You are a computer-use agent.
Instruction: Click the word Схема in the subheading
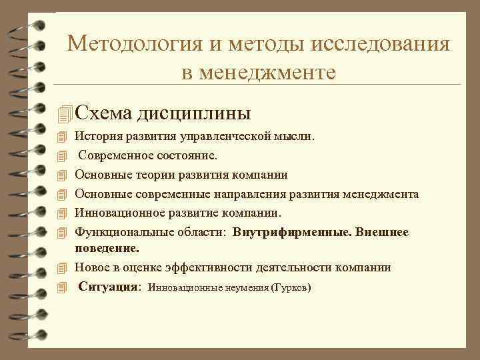coord(103,113)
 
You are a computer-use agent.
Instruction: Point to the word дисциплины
coord(194,113)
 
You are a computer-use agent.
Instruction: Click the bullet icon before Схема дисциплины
coord(64,114)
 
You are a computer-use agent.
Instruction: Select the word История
coord(97,137)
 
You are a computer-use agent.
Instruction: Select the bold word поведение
coord(107,248)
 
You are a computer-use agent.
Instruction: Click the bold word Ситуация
coord(109,287)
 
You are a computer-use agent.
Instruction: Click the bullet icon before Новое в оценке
coord(63,268)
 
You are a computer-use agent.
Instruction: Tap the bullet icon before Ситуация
coord(63,288)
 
